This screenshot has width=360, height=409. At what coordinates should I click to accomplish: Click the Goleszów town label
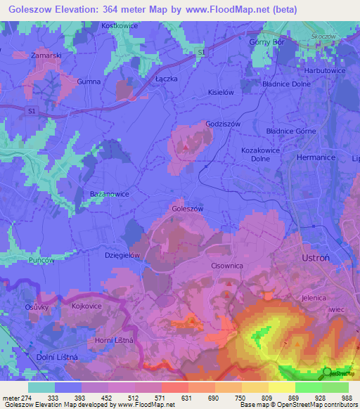(188, 209)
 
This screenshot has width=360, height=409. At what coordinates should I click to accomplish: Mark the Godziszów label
(224, 124)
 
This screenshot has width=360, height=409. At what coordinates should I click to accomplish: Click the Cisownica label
(227, 266)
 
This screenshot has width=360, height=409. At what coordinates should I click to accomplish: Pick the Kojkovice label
(89, 307)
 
